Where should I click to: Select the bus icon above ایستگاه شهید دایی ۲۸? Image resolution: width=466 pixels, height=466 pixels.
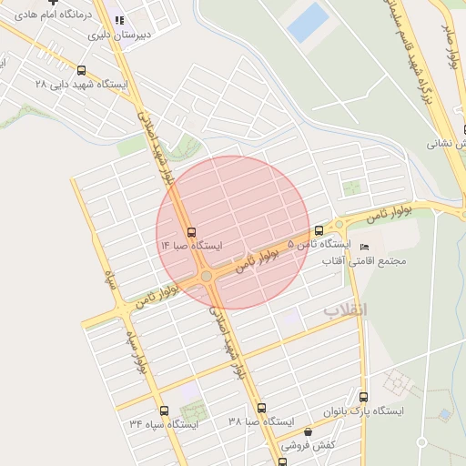coord(82,70)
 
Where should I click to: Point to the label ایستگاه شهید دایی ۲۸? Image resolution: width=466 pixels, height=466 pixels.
coord(82,84)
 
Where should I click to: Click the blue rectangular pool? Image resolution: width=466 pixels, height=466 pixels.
coord(307,23)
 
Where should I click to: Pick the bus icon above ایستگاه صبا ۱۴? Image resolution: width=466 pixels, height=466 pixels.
coord(191,232)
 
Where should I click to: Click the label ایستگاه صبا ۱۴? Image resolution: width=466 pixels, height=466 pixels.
coord(191,246)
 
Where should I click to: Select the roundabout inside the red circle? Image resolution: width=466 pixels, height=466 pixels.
coord(208,276)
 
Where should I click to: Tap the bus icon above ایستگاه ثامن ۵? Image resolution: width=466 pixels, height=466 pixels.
coord(319,230)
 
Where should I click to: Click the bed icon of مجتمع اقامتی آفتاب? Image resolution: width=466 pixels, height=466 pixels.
coord(365,248)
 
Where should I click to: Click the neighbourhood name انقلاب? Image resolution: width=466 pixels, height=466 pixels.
coord(346,310)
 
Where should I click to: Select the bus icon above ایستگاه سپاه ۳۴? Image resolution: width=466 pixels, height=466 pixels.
coord(164,410)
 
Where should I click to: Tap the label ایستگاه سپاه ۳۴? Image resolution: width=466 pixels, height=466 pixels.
coord(164,424)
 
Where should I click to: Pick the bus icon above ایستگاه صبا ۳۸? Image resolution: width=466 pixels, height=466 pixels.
coord(262,408)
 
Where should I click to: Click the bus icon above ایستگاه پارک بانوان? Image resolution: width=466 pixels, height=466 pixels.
coord(364,397)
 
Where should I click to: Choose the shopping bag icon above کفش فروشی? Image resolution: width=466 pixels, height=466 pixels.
coord(308,432)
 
